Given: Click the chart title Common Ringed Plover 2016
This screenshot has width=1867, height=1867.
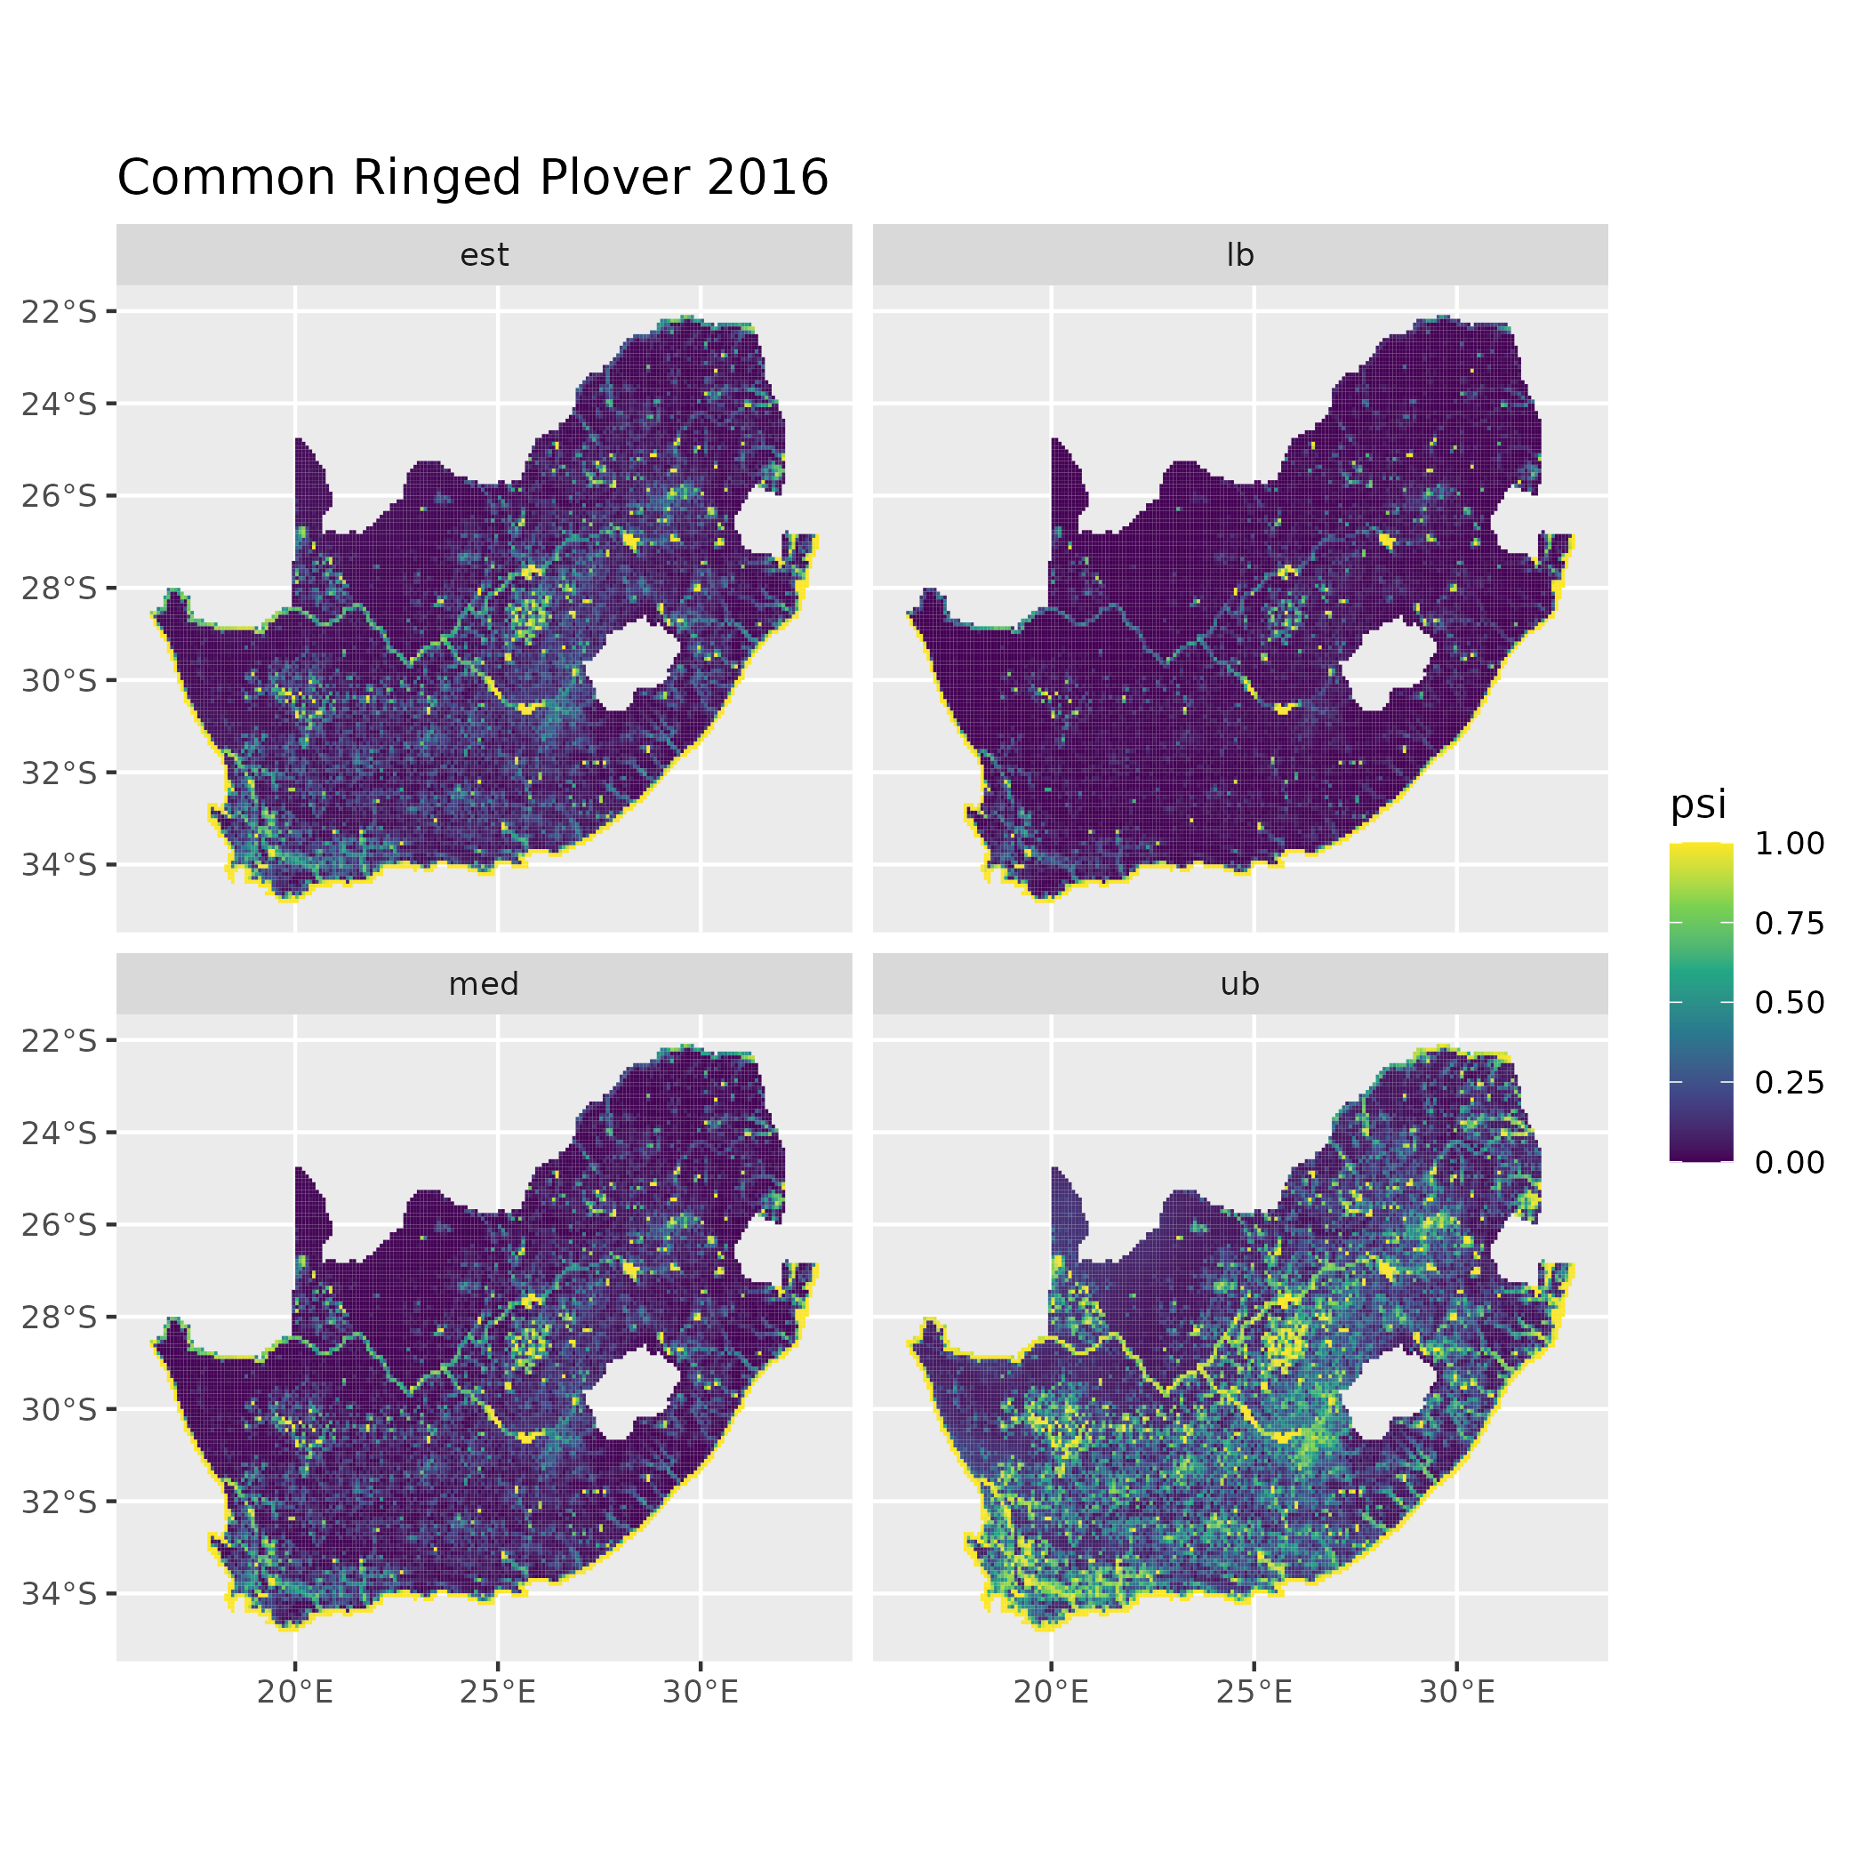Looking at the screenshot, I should (473, 179).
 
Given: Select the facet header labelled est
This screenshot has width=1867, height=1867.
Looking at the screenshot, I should (485, 255).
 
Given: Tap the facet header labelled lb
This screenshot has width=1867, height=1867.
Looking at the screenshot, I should (1240, 255).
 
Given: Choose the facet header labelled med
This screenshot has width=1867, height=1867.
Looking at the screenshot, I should (485, 984).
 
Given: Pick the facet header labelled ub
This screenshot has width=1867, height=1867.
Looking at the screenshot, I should (1240, 984).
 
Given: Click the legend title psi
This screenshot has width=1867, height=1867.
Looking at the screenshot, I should (1698, 805).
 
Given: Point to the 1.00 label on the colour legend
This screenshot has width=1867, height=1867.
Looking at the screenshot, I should (1789, 844).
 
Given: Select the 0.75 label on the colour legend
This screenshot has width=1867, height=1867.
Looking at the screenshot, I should (1789, 924).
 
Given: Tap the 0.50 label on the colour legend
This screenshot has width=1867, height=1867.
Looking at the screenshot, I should (1789, 1003).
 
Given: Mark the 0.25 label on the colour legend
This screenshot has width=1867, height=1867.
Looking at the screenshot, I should (1789, 1082).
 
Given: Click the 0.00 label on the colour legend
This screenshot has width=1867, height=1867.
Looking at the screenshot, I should (1789, 1163).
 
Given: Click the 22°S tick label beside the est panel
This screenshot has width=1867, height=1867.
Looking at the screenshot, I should (60, 312).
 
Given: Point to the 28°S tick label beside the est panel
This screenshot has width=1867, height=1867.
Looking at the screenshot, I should (60, 589).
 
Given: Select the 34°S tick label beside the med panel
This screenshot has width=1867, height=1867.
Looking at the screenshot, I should (60, 1592).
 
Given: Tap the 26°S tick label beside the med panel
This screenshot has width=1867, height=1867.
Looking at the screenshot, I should (60, 1224).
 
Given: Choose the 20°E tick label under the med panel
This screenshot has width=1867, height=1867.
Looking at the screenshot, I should (296, 1692).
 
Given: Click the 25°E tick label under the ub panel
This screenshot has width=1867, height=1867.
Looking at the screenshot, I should (1254, 1692).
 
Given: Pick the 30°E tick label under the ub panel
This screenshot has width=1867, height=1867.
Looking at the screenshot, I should (1457, 1692).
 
